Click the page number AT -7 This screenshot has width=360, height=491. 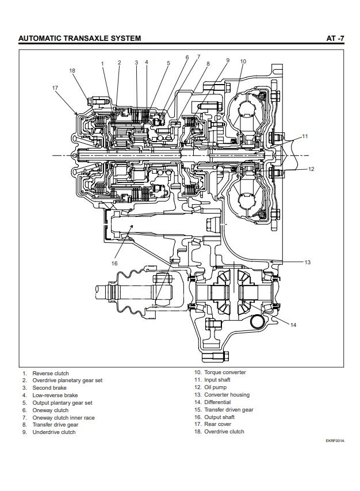coord(335,38)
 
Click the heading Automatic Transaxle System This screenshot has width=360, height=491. coord(80,38)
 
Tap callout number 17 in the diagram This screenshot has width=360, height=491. coord(55,88)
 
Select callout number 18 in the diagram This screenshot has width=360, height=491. coord(72,71)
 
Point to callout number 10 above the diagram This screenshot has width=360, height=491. coord(243,62)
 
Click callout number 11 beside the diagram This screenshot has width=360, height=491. coord(305,136)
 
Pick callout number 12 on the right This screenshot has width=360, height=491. coord(311,169)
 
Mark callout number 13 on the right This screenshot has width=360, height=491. coord(308,262)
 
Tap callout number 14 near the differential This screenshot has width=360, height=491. coord(293,325)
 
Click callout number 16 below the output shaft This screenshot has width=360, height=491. coord(114,264)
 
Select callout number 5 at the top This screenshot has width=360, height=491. coord(168,63)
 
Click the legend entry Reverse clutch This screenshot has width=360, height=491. coord(51,373)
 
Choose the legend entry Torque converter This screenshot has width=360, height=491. coord(225,372)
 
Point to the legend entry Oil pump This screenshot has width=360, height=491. coord(215,387)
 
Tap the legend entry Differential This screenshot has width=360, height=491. coord(217,402)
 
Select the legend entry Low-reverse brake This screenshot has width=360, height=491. coord(55,395)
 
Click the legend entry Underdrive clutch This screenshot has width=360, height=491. coord(54,432)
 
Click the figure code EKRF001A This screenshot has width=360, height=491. coord(335,441)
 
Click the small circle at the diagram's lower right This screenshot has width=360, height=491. coord(258,322)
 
